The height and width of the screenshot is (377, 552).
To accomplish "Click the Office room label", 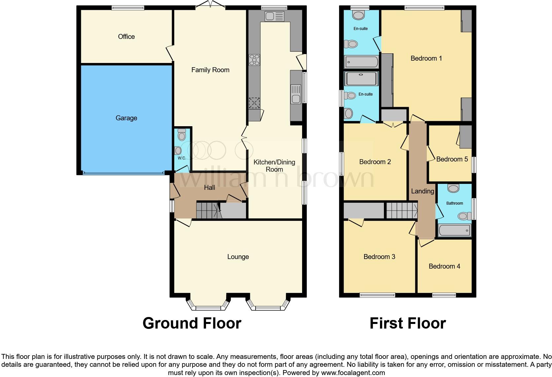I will pyautogui.click(x=126, y=37).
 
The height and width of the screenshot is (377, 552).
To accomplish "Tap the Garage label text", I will pyautogui.click(x=126, y=118).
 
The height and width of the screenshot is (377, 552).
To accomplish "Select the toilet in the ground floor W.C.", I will pyautogui.click(x=182, y=134).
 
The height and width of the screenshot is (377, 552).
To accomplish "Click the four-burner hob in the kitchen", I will pyautogui.click(x=254, y=60).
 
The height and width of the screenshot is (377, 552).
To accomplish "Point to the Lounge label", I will pyautogui.click(x=238, y=257).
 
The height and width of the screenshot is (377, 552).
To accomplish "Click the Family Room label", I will pyautogui.click(x=210, y=70).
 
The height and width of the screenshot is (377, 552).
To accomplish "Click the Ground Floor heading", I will pyautogui.click(x=192, y=323).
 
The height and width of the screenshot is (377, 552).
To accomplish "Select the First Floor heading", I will pyautogui.click(x=407, y=323).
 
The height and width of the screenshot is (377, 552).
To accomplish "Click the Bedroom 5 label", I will pyautogui.click(x=452, y=159).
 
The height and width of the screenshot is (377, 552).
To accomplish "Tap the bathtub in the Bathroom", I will pyautogui.click(x=454, y=230).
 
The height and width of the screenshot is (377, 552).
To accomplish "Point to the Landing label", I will pyautogui.click(x=422, y=191).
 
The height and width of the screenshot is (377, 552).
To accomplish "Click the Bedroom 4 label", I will pyautogui.click(x=444, y=266).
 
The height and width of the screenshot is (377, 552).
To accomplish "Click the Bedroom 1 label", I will pyautogui.click(x=426, y=58).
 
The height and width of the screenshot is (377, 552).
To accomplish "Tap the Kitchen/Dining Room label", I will pyautogui.click(x=274, y=166).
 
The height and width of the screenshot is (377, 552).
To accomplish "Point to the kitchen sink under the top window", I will pyautogui.click(x=274, y=16).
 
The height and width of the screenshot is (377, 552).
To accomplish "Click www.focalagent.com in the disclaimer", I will pyautogui.click(x=353, y=373).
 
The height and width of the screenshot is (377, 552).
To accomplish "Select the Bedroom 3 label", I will pyautogui.click(x=379, y=257).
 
